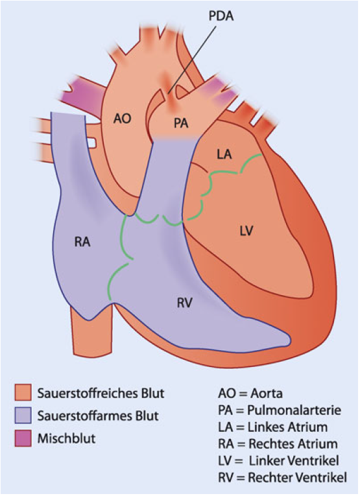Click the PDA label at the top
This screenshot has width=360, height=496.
(x=221, y=16)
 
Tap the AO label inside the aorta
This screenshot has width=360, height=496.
(x=123, y=119)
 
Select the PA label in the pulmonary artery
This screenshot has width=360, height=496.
(x=181, y=123)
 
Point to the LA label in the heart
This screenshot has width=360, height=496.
(x=224, y=154)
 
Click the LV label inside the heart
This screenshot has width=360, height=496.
(x=246, y=231)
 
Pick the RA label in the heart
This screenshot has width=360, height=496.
(x=82, y=242)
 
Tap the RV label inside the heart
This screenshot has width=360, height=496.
(x=185, y=303)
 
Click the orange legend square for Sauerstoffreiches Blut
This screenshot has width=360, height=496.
(x=23, y=392)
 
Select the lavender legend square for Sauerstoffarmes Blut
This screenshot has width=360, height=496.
(x=23, y=416)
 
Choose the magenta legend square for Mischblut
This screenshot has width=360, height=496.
(x=23, y=438)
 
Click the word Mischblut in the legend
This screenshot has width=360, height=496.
(x=66, y=439)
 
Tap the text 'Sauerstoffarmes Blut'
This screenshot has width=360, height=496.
(x=98, y=416)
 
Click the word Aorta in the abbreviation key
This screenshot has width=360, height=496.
(x=267, y=394)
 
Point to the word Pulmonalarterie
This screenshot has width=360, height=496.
(x=294, y=410)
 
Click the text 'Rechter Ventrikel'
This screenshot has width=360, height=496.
(x=297, y=477)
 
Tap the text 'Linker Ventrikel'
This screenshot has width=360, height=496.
(x=294, y=460)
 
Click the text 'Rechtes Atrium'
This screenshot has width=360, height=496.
(x=293, y=443)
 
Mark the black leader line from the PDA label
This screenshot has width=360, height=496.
(x=192, y=60)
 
